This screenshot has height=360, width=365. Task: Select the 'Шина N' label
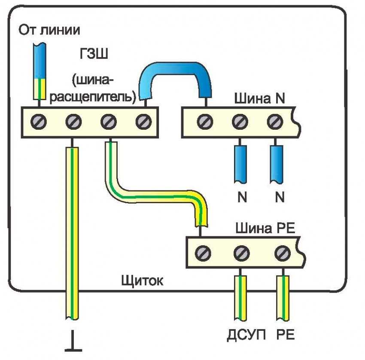259,99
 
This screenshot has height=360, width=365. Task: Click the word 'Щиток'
142,281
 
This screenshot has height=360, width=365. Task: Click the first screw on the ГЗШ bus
38,123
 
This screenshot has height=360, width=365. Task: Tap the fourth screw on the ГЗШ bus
142,123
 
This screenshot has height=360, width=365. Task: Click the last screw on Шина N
274,123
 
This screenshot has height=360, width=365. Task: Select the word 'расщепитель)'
94,95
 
